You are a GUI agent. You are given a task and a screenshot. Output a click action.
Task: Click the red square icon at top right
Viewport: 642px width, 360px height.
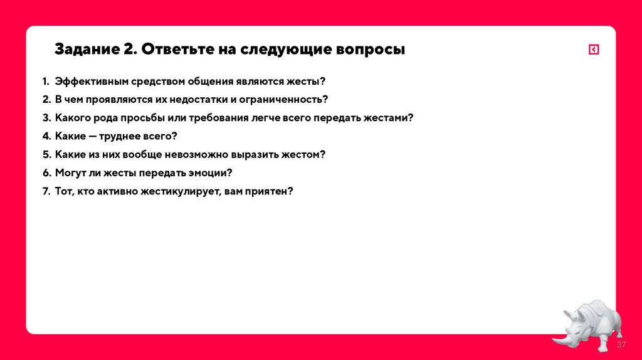(594, 50)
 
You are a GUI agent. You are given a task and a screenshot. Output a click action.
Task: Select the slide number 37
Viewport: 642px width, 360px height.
(621, 346)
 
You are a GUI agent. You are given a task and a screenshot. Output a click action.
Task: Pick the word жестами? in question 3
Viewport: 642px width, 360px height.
(388, 118)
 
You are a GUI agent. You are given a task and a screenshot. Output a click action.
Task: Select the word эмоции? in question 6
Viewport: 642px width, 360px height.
(214, 172)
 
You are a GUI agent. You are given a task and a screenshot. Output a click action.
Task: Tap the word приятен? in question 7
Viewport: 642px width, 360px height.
(271, 191)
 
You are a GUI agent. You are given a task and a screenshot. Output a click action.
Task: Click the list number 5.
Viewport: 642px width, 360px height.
(46, 154)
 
